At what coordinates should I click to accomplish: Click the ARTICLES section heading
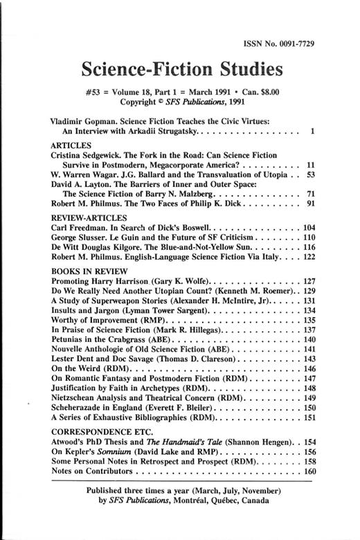point(72,147)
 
